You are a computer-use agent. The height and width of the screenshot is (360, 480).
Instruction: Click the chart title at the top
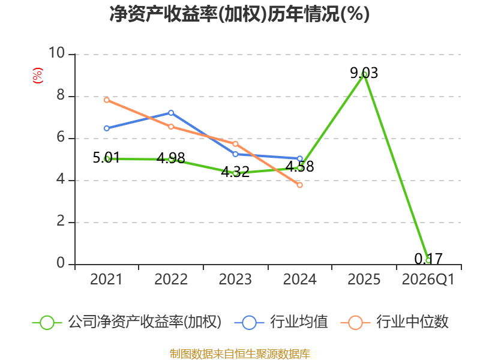point(239,14)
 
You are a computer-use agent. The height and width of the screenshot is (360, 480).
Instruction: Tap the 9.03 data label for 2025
point(364,73)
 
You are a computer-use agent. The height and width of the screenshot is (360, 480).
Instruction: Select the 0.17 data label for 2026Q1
point(428,259)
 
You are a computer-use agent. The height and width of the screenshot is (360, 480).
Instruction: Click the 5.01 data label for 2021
point(106,158)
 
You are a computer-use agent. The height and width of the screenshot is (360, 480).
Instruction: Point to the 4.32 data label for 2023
point(235,172)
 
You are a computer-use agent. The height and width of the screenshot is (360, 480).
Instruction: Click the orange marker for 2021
point(107,100)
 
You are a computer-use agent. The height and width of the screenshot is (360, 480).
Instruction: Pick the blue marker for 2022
point(171,113)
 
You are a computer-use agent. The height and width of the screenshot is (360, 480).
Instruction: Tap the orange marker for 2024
point(299,185)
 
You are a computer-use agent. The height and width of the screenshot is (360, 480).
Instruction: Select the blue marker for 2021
point(107,128)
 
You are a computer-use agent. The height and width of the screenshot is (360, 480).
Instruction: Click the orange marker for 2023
point(235,144)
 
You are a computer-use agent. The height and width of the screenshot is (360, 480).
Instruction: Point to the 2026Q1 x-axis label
point(428,280)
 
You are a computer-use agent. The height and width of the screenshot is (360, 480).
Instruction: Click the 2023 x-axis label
point(235,280)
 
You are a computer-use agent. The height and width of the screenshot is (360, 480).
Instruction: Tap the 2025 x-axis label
point(364,280)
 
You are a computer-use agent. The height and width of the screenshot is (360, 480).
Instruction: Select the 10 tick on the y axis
point(57,53)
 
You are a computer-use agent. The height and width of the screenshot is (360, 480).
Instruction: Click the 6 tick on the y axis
point(61,137)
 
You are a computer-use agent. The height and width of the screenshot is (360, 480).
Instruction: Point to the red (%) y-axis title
point(38,76)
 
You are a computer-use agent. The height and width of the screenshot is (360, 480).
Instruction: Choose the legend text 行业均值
point(299,322)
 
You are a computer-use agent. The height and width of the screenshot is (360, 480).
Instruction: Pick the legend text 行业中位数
point(412,322)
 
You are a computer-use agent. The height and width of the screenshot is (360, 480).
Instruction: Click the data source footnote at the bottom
point(240,354)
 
